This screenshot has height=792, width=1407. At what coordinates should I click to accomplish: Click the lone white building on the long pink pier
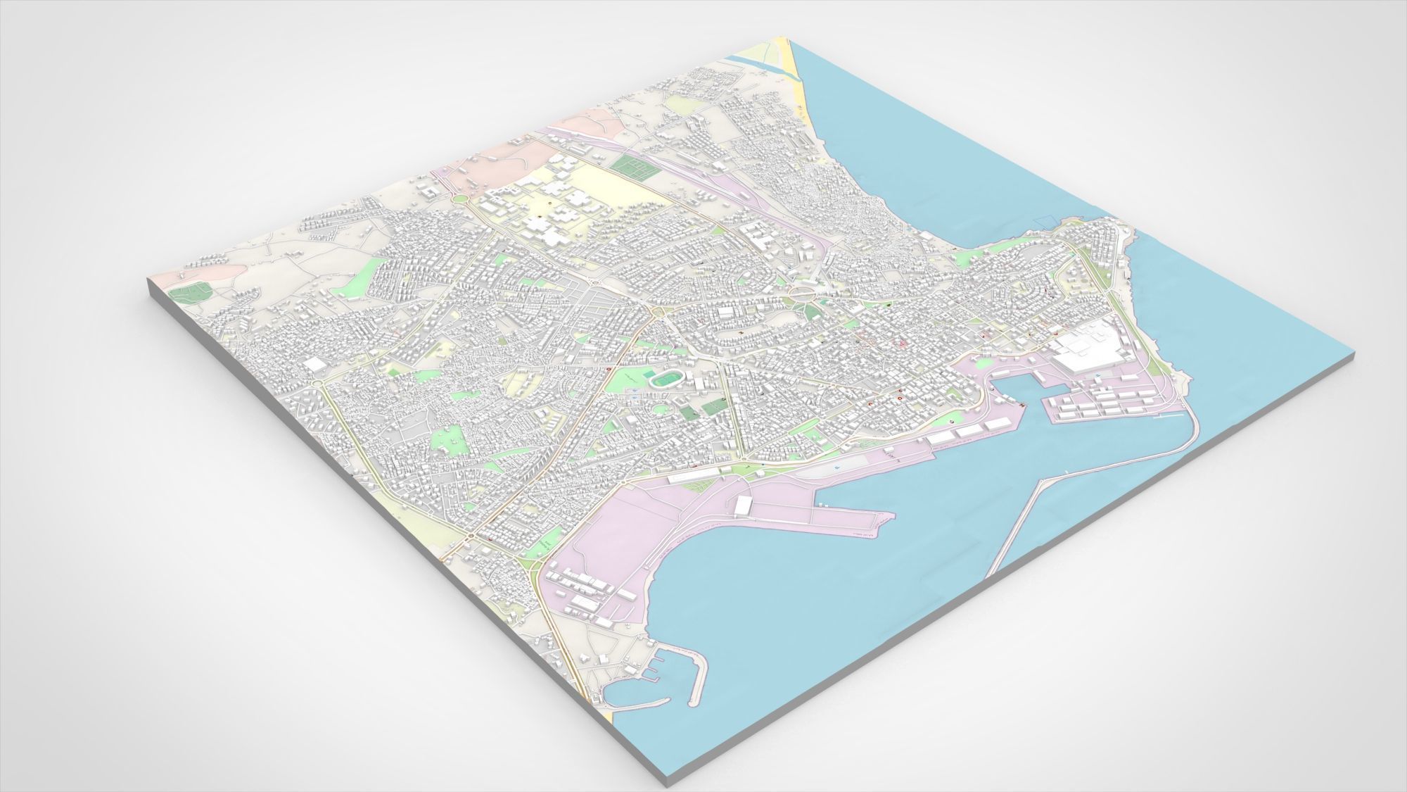[744, 504]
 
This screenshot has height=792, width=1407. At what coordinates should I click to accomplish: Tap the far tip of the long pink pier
[890, 520]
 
